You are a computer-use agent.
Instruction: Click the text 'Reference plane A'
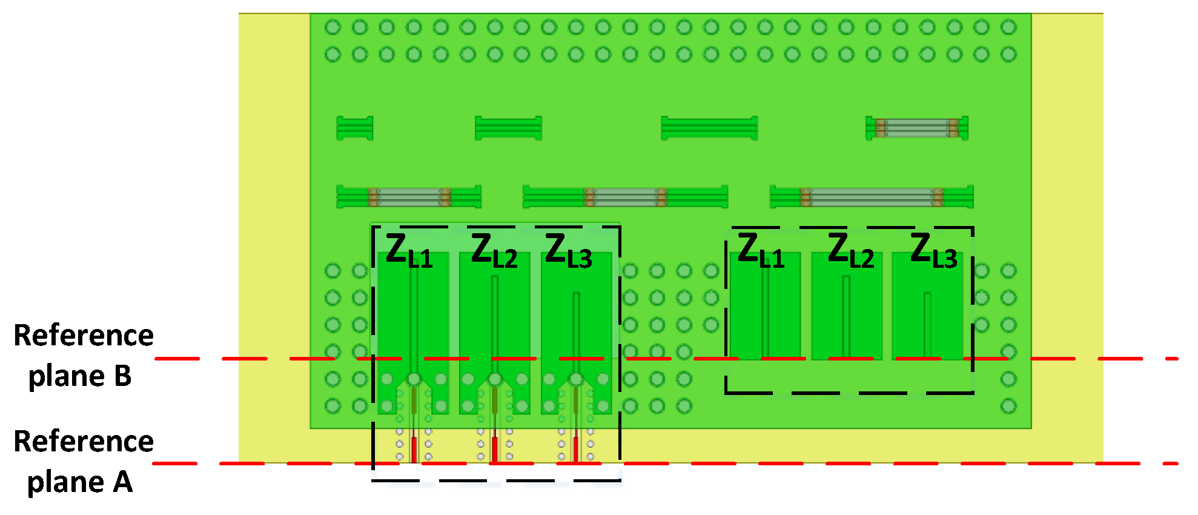pyautogui.click(x=82, y=462)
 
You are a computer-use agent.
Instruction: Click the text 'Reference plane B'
pyautogui.click(x=82, y=355)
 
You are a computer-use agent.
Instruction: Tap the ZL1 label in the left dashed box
pyautogui.click(x=409, y=250)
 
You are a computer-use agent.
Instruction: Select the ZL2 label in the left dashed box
pyautogui.click(x=494, y=250)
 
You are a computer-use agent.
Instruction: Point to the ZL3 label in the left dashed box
pyautogui.click(x=568, y=250)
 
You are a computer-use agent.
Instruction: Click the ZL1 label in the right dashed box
pyautogui.click(x=761, y=250)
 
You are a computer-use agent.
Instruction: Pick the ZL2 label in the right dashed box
pyautogui.click(x=850, y=250)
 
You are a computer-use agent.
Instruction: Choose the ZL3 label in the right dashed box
pyautogui.click(x=933, y=250)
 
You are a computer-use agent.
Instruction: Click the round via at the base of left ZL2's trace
pyautogui.click(x=495, y=380)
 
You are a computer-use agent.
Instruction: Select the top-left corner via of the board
pyautogui.click(x=333, y=27)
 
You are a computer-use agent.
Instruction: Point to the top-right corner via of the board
pyautogui.click(x=1008, y=27)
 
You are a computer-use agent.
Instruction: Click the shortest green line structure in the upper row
pyautogui.click(x=355, y=128)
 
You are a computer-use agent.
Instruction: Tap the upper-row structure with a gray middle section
pyautogui.click(x=917, y=128)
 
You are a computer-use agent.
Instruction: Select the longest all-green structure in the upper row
pyautogui.click(x=709, y=128)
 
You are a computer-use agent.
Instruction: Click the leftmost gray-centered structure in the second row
pyautogui.click(x=409, y=197)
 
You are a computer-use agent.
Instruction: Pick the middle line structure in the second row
pyautogui.click(x=625, y=197)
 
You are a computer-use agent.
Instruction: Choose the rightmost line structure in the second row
pyautogui.click(x=872, y=197)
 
